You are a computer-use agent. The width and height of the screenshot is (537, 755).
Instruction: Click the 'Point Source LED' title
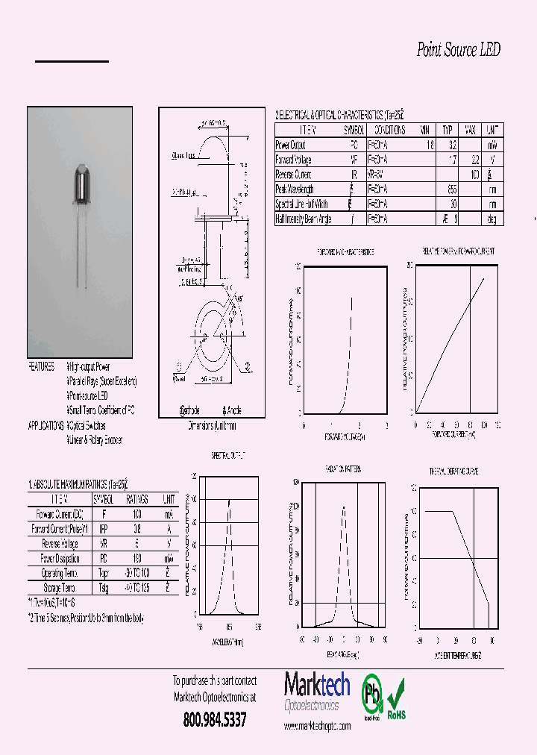click(458, 50)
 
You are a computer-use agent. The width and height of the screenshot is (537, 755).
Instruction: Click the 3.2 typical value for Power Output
click(447, 145)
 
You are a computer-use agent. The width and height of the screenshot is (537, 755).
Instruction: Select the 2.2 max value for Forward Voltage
click(470, 160)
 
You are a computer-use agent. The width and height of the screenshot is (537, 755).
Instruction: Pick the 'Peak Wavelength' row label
click(295, 189)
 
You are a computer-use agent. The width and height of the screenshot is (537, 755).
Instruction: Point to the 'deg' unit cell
click(492, 219)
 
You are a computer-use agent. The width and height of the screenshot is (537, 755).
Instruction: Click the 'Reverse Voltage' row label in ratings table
click(59, 543)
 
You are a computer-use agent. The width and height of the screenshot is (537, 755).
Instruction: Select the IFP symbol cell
click(103, 528)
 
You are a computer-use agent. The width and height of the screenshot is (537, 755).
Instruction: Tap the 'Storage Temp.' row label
click(59, 587)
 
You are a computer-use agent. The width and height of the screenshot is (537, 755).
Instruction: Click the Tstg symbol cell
click(103, 587)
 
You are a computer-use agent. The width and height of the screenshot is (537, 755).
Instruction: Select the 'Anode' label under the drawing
click(231, 410)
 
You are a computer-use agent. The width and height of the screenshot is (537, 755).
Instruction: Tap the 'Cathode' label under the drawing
click(190, 410)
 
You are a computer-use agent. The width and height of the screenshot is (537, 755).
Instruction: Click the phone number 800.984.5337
click(215, 720)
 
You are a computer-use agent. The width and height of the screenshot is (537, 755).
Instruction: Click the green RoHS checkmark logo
click(396, 695)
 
